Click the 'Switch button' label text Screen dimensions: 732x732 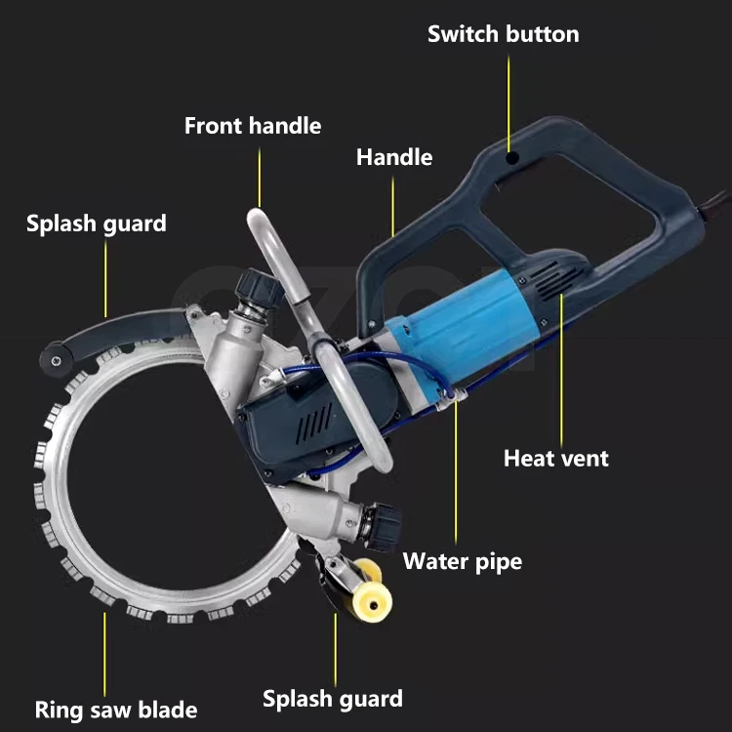tap(504, 34)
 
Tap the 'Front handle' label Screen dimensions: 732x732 tap(253, 126)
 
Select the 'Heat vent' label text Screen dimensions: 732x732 tap(556, 459)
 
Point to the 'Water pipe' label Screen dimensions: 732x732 tap(463, 561)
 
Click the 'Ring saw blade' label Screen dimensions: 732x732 tap(116, 711)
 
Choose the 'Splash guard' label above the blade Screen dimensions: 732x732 tap(97, 224)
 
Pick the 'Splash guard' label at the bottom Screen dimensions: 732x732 tap(333, 699)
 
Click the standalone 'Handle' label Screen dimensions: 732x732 tap(394, 157)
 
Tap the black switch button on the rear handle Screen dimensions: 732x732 tap(512, 158)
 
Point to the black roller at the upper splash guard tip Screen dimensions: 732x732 tap(56, 359)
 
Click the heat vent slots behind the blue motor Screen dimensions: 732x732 tap(557, 279)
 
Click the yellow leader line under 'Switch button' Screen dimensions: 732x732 tap(508, 102)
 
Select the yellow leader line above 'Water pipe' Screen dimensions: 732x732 tap(456, 471)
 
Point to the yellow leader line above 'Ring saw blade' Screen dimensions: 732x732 tap(104, 654)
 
